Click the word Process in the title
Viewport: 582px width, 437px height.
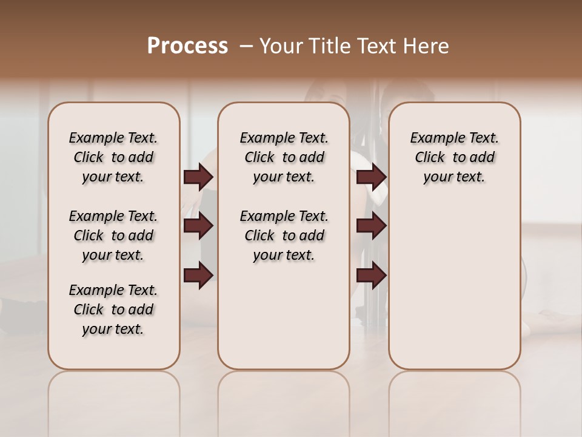(187, 46)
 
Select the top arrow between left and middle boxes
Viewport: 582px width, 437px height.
(198, 177)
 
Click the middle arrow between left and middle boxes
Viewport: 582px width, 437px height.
(198, 226)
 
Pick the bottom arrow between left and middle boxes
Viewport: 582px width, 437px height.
(198, 276)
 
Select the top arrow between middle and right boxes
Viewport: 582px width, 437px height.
(371, 177)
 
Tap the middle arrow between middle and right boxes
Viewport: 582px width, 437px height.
(371, 226)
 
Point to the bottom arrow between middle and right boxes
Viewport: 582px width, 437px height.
(371, 276)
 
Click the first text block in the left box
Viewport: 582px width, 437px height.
(113, 157)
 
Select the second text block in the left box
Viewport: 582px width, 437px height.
(113, 235)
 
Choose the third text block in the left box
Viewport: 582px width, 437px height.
(113, 310)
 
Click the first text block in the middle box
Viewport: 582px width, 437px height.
(284, 157)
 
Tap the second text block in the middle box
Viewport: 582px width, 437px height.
(284, 235)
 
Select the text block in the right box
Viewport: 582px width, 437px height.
(454, 157)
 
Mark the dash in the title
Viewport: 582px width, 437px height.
(246, 46)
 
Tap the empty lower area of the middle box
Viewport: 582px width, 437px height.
(284, 316)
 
